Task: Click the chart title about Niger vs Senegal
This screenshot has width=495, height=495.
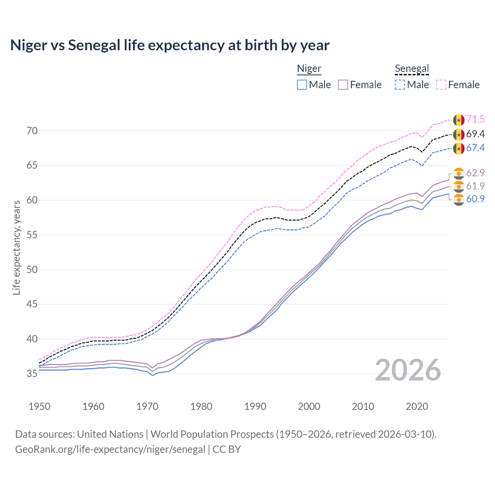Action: point(170,45)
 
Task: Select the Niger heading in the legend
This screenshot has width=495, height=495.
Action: point(309,69)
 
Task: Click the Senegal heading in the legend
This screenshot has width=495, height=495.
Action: point(412,69)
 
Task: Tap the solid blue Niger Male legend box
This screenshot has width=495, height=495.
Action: point(302,85)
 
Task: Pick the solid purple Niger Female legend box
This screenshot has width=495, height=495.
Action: point(343,85)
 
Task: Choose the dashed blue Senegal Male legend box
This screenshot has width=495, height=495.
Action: point(400,85)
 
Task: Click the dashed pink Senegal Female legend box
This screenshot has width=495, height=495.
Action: point(441,85)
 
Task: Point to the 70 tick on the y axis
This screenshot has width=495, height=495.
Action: point(32,131)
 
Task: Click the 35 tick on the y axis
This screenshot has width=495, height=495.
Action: point(32,374)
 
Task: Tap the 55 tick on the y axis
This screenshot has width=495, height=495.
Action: point(32,235)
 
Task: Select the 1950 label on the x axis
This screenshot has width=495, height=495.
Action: point(39,406)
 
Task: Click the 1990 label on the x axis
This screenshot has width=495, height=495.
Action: point(255,406)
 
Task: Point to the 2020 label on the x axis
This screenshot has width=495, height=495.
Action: point(417,406)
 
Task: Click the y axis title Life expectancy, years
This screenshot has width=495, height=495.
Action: point(16,247)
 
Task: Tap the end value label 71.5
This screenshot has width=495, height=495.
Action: point(475,119)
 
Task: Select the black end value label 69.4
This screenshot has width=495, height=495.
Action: point(475,134)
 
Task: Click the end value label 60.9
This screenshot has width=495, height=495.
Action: point(475,199)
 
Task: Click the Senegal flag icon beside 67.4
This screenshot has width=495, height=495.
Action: point(459,148)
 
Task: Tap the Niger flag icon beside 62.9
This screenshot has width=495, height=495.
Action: point(459,173)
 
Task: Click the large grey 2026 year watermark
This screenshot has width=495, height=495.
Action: point(408,370)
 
